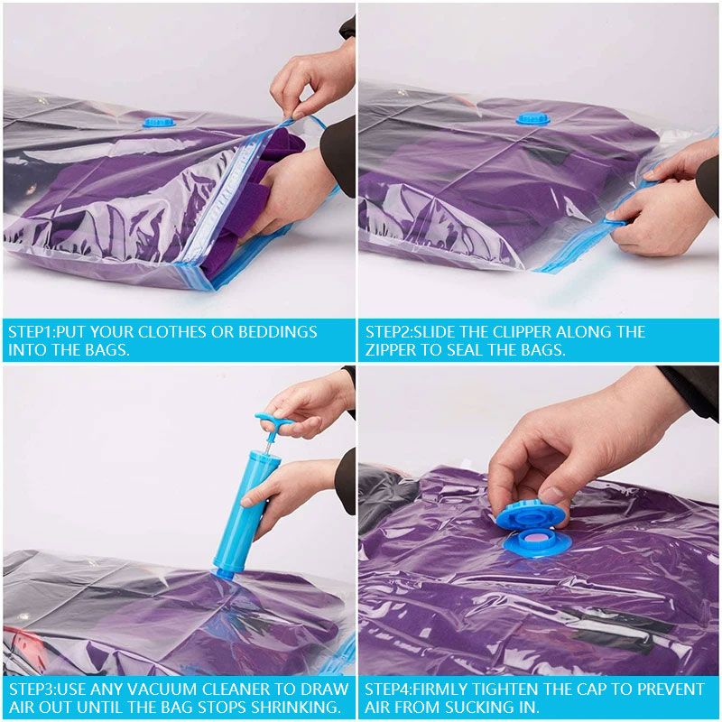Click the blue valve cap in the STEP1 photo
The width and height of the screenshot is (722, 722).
159,122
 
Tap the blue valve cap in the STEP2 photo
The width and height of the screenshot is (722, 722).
533,119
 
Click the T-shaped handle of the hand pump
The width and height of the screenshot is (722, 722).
275,421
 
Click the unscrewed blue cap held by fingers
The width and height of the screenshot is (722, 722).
530,515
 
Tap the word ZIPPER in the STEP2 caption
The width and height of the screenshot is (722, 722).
390,350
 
